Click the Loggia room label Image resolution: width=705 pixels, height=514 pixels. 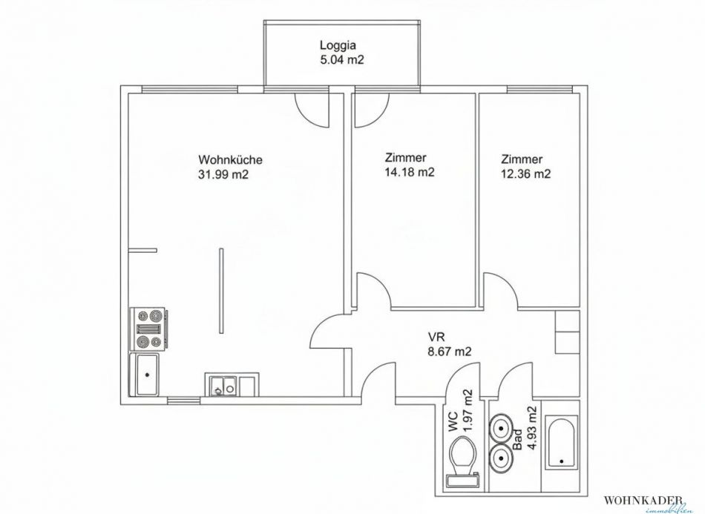point(338,45)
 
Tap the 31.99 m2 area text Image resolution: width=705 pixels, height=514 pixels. point(223,174)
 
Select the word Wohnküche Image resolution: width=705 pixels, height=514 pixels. point(230,160)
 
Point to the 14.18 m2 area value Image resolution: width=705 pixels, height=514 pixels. point(410,172)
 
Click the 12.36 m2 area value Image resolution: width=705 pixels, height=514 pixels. point(525,174)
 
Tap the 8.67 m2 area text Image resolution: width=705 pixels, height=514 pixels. point(450,352)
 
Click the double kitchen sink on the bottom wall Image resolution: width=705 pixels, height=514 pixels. point(223,385)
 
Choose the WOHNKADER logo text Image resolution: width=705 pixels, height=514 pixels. point(645,500)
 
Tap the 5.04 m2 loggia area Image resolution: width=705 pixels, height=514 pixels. point(341,59)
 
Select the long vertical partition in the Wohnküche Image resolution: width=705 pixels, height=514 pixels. point(220,291)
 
